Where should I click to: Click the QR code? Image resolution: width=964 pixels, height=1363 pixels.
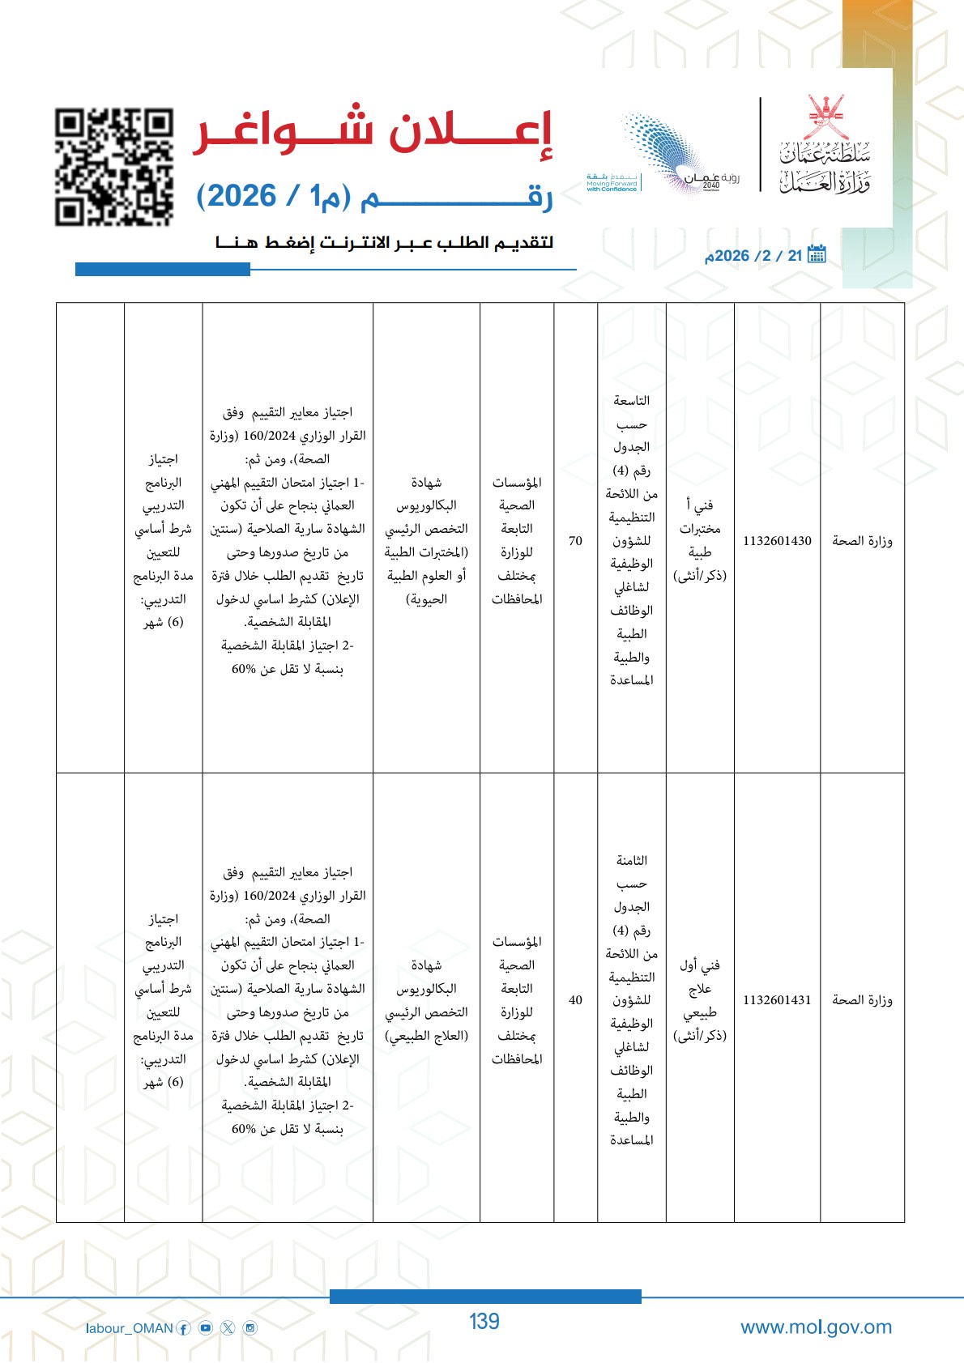click(x=114, y=167)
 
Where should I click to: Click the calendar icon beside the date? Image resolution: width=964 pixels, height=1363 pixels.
click(x=817, y=254)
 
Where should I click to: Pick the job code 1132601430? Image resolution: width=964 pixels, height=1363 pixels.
click(x=777, y=541)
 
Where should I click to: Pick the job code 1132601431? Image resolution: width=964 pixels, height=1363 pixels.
click(x=777, y=1000)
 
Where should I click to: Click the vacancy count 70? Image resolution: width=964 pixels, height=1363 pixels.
click(x=575, y=541)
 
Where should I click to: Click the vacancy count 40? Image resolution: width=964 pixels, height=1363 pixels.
click(x=575, y=1000)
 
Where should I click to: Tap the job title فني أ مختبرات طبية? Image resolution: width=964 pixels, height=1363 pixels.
click(x=700, y=540)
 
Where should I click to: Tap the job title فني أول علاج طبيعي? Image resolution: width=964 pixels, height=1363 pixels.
click(x=700, y=1000)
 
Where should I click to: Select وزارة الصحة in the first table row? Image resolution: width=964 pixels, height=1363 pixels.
click(x=862, y=541)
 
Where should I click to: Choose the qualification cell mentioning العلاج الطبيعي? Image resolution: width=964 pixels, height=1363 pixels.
click(x=426, y=1000)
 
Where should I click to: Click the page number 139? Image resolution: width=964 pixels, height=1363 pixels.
click(x=484, y=1322)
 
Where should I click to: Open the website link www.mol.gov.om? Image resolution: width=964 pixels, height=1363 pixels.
click(x=816, y=1327)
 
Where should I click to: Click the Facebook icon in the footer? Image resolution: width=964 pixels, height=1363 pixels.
click(x=184, y=1328)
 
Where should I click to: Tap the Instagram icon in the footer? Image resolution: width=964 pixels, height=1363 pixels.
click(x=250, y=1328)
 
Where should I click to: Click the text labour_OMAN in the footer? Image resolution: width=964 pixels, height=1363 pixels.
click(x=130, y=1328)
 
